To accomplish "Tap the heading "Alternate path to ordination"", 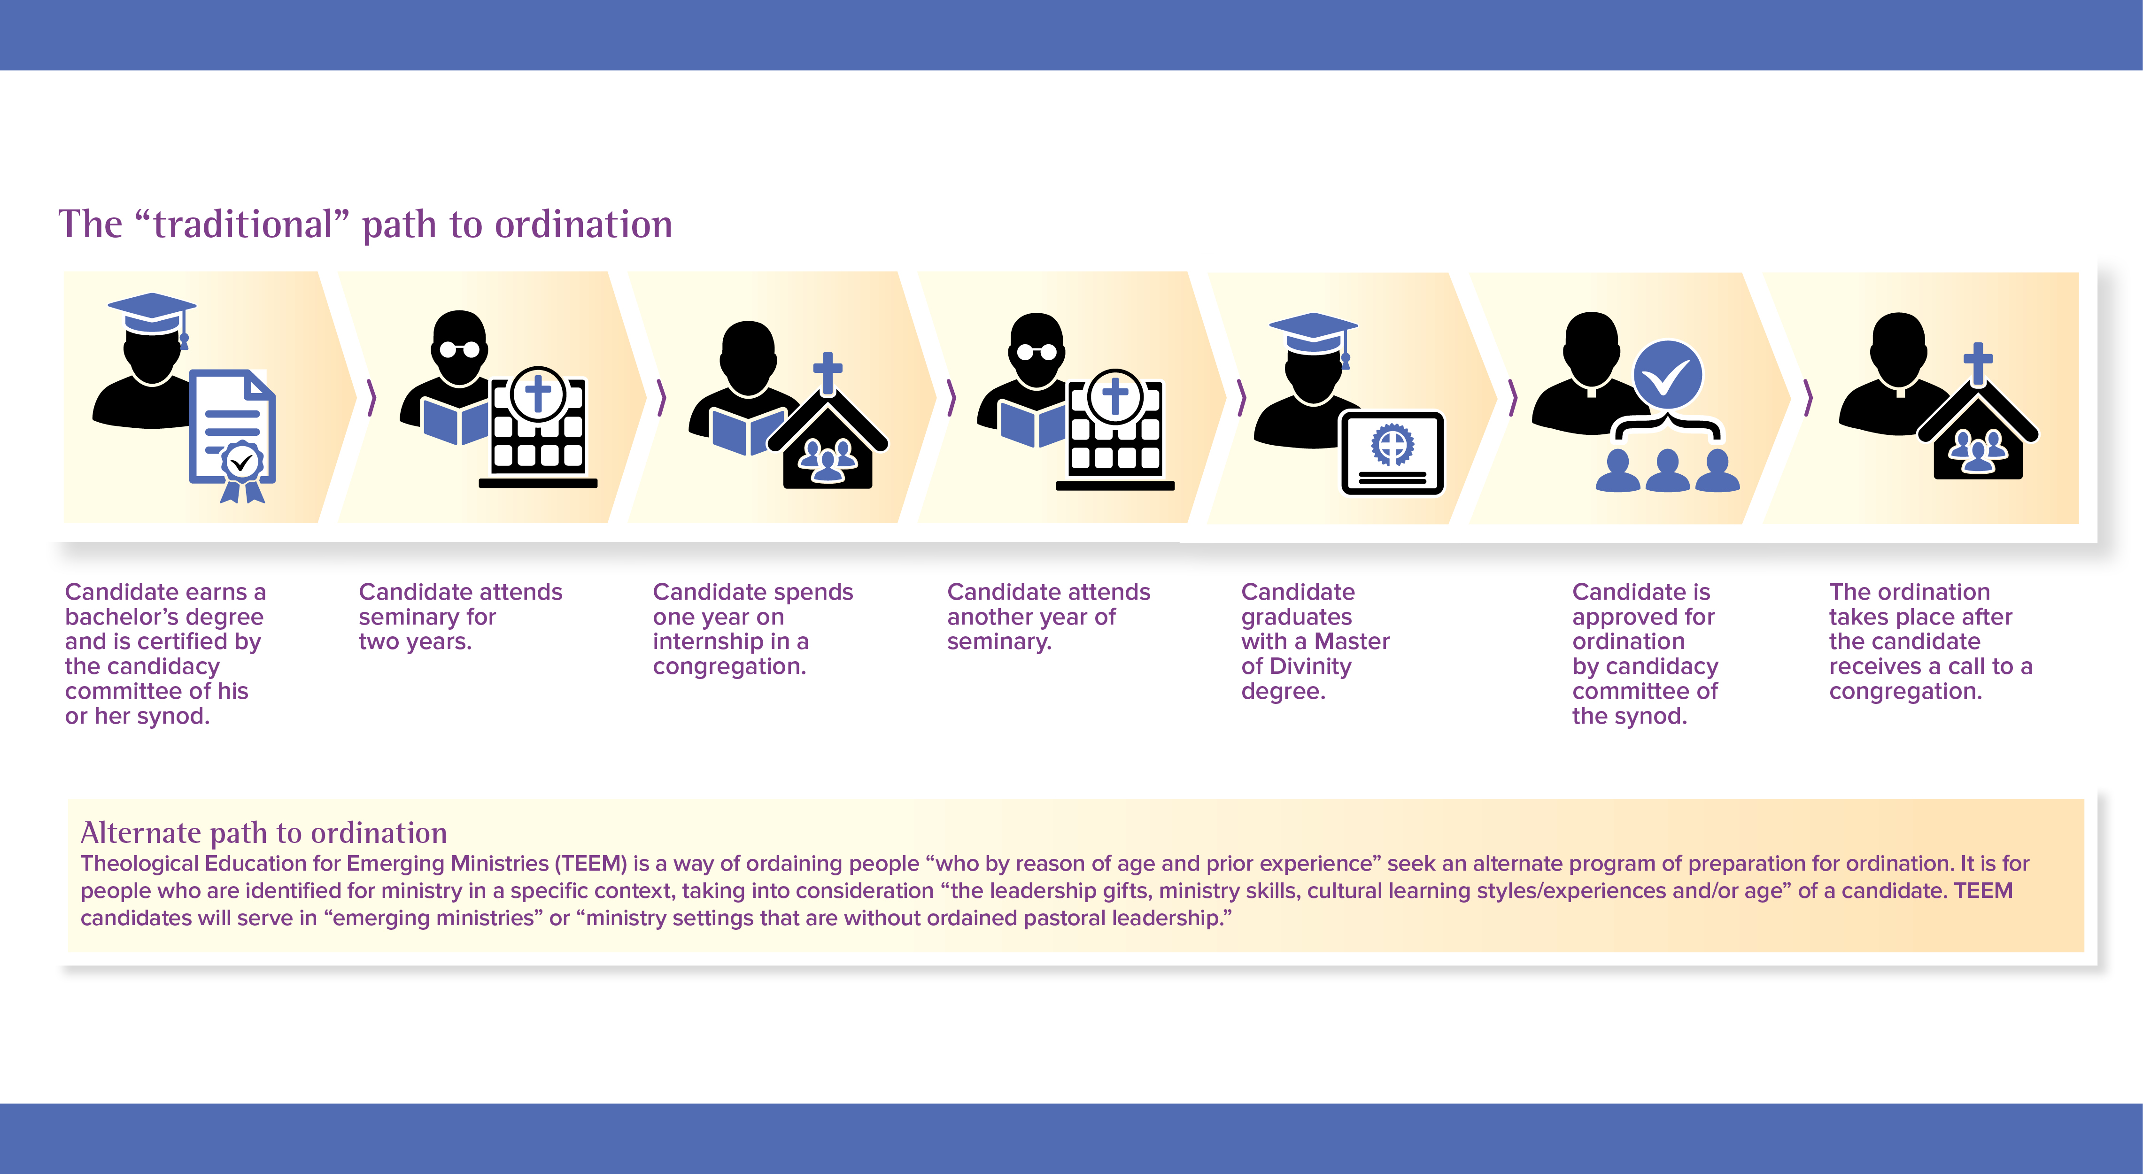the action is [x=264, y=832].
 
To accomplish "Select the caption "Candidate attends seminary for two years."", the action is [x=460, y=617].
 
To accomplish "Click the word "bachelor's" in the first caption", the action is [x=165, y=617].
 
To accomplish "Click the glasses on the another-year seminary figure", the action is [x=1037, y=352].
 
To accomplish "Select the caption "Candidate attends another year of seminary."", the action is [x=1048, y=617].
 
